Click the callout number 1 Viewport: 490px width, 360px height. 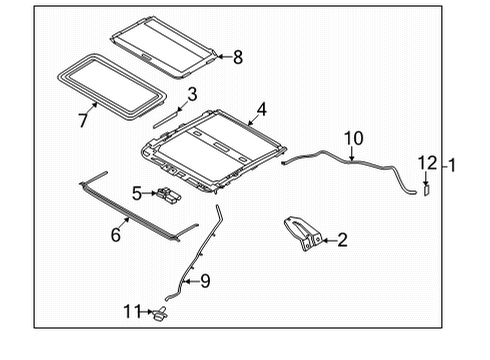pos(452,164)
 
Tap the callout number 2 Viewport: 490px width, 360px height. pos(342,240)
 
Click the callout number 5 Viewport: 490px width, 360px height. pos(136,193)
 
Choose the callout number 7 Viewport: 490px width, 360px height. pos(82,120)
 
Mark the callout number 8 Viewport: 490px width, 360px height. pos(237,57)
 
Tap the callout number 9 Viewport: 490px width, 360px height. pos(205,282)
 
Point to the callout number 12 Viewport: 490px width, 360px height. pos(427,163)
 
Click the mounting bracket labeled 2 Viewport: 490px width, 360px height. pos(304,233)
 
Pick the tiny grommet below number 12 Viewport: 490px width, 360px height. pos(425,188)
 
